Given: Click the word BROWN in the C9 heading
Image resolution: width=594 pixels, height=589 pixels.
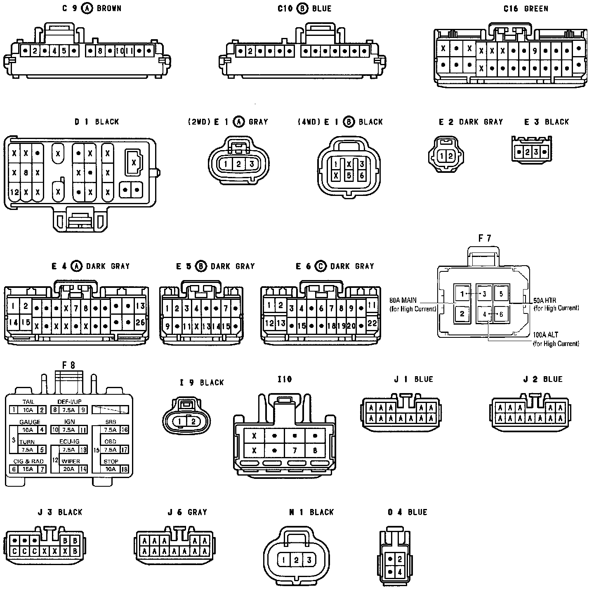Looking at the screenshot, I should click(x=109, y=8).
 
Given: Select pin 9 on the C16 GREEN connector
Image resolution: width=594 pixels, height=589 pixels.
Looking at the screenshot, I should click(x=535, y=51).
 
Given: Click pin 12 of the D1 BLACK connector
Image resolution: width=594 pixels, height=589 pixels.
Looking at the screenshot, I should click(x=14, y=192).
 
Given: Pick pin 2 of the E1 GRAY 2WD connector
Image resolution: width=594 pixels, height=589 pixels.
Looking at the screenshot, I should click(x=238, y=164).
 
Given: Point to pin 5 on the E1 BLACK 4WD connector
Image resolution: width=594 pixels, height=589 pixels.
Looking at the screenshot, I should click(x=349, y=175).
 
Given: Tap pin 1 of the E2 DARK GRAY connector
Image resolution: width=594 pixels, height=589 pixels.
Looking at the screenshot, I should click(x=442, y=156).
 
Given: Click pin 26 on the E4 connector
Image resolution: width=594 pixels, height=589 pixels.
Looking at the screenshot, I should click(x=140, y=322).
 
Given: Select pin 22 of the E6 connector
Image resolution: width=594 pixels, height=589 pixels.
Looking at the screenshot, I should click(x=372, y=323).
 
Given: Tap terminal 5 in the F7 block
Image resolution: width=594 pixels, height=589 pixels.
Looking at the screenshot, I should click(x=501, y=294).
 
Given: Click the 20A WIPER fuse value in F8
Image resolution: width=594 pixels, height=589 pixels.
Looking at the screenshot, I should click(x=69, y=469).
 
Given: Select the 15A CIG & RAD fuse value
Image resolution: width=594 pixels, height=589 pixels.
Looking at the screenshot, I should click(x=28, y=469).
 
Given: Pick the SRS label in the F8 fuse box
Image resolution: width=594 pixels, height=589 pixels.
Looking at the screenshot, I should click(x=111, y=422).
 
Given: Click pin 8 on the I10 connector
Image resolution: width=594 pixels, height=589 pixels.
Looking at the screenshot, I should click(x=315, y=450).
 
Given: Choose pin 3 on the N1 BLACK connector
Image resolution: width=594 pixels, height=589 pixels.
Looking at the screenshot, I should click(x=309, y=560).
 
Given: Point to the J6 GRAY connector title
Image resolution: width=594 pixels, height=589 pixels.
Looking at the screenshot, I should click(x=187, y=512).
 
